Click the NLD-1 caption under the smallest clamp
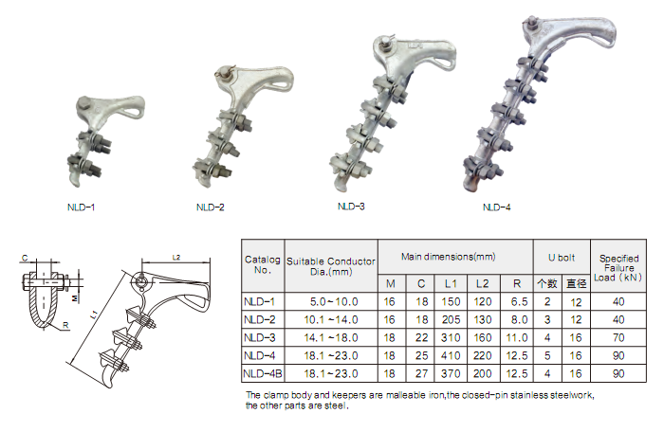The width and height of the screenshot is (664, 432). coord(81,207)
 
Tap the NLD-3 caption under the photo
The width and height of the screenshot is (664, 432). coord(351,207)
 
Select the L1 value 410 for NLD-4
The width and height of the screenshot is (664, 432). coord(451,356)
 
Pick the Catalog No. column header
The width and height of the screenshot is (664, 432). coord(262,265)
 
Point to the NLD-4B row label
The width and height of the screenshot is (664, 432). coord(263,373)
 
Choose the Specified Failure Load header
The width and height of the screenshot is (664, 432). coord(618,268)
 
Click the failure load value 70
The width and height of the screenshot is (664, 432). coord(618,337)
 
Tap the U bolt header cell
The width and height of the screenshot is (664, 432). coord(562,258)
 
